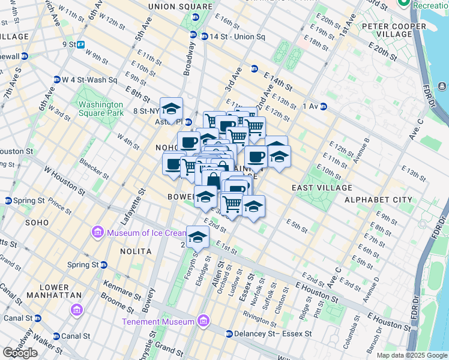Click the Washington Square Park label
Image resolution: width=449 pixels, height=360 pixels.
[x=101, y=108]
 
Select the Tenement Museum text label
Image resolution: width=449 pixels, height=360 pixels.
[x=158, y=322]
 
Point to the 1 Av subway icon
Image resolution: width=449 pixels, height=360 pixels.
[x=323, y=106]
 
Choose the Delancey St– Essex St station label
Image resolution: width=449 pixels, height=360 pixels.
[x=273, y=334]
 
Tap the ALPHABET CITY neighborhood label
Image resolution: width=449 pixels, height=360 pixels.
[x=378, y=200]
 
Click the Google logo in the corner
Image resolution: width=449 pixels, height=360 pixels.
[x=20, y=353]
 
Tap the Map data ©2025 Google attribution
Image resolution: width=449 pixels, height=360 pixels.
[x=412, y=355]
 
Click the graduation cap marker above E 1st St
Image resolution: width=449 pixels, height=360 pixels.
[x=197, y=237]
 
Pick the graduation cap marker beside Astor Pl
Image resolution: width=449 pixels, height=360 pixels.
[x=172, y=109]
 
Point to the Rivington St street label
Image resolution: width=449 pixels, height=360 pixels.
[x=260, y=314]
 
